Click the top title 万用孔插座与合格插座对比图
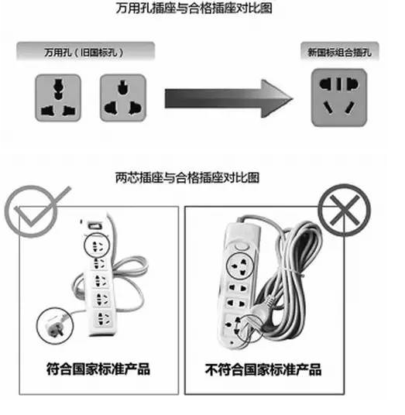[x=194, y=8]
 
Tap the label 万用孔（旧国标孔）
[x=84, y=53]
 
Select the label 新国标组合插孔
[x=339, y=52]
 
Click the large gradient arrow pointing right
[x=229, y=98]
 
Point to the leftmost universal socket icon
[x=58, y=98]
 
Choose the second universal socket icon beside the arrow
[x=123, y=98]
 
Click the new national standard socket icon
[x=339, y=98]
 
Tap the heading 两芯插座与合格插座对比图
[x=187, y=177]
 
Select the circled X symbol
[x=344, y=210]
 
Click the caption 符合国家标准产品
[x=98, y=369]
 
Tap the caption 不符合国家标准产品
[x=263, y=369]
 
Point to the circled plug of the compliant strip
[x=55, y=325]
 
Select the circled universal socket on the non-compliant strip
[x=239, y=266]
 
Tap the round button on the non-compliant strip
[x=241, y=247]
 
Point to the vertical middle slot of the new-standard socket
[x=339, y=84]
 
